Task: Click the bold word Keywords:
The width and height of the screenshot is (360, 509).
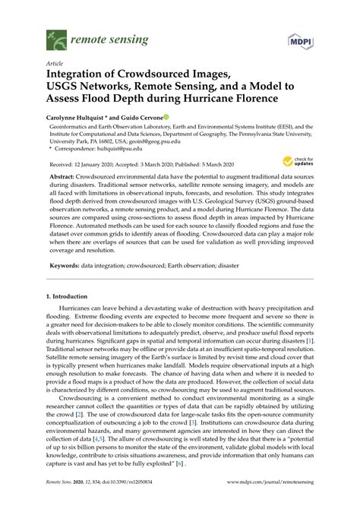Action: pyautogui.click(x=65, y=265)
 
